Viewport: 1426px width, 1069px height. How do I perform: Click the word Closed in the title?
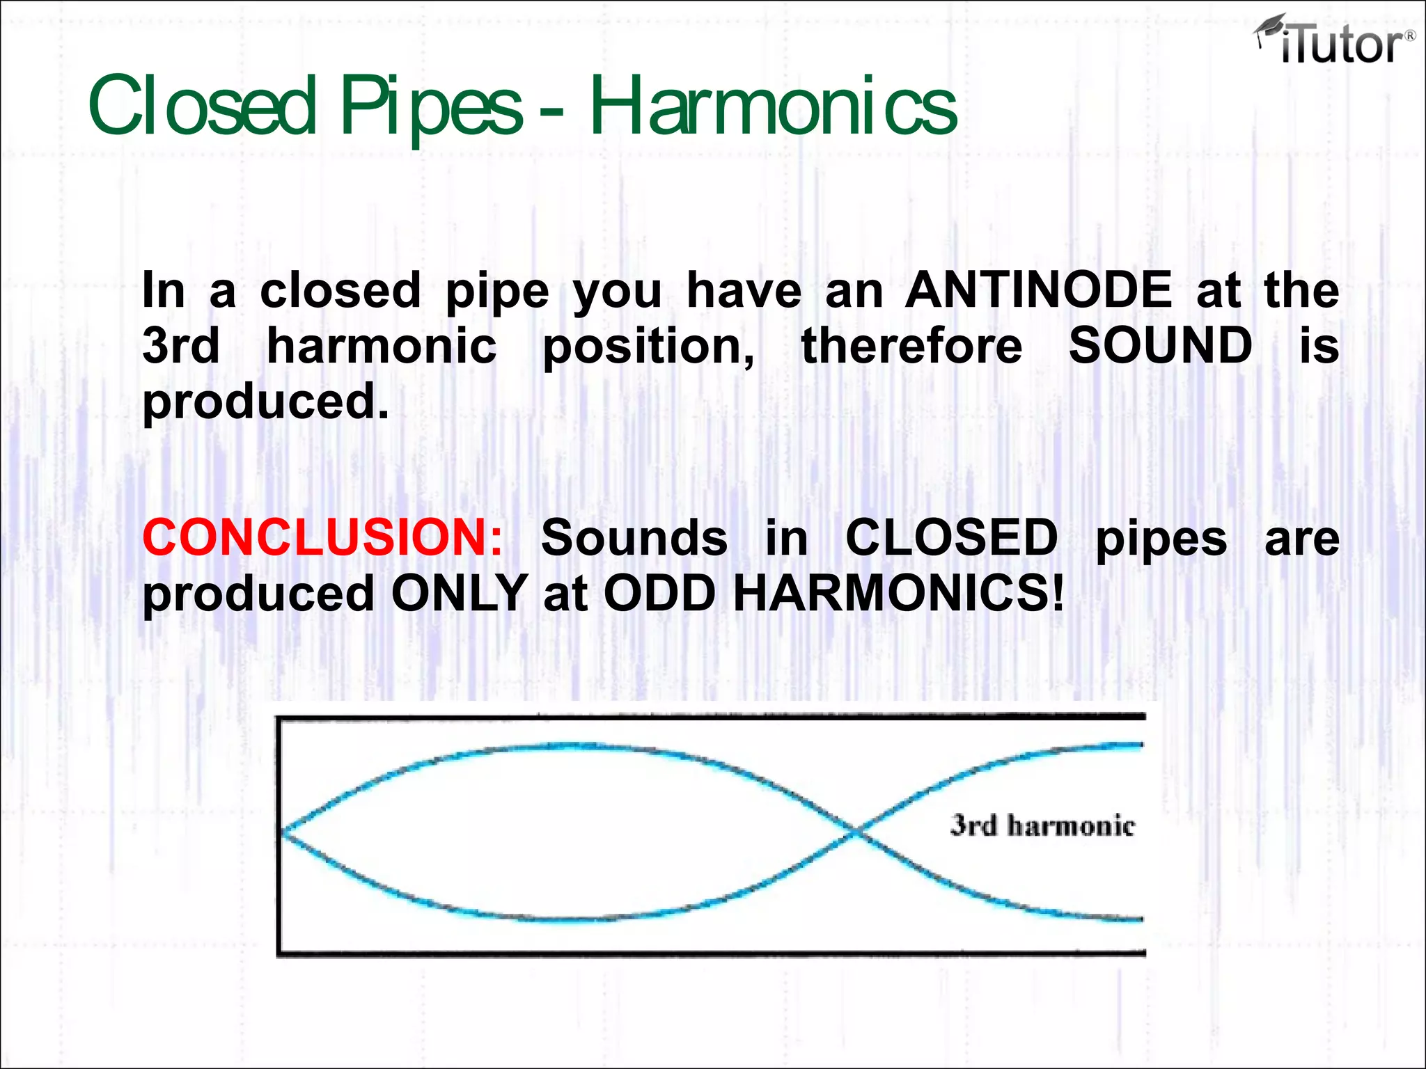(202, 106)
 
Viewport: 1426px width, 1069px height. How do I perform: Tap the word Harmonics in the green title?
(774, 106)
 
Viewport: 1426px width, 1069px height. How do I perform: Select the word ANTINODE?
(1039, 290)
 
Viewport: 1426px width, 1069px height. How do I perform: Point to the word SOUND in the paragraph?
(1161, 345)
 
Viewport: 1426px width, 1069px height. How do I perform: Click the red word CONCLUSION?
(322, 537)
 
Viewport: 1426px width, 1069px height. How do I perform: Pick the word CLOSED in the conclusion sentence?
(951, 537)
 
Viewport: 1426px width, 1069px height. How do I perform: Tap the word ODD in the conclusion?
(659, 594)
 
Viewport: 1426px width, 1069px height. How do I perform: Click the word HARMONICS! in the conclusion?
(899, 594)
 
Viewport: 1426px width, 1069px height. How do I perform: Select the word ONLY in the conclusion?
(460, 594)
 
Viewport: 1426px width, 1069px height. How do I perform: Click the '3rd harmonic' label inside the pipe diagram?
(1042, 825)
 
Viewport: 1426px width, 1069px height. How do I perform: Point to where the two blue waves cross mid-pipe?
(856, 831)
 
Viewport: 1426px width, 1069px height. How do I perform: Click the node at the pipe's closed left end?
(282, 831)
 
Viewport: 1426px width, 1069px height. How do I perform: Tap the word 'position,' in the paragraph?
(648, 347)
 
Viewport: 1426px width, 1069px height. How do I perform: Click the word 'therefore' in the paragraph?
(911, 345)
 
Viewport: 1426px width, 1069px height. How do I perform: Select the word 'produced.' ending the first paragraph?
(265, 402)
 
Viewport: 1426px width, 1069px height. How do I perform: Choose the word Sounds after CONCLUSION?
(634, 537)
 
